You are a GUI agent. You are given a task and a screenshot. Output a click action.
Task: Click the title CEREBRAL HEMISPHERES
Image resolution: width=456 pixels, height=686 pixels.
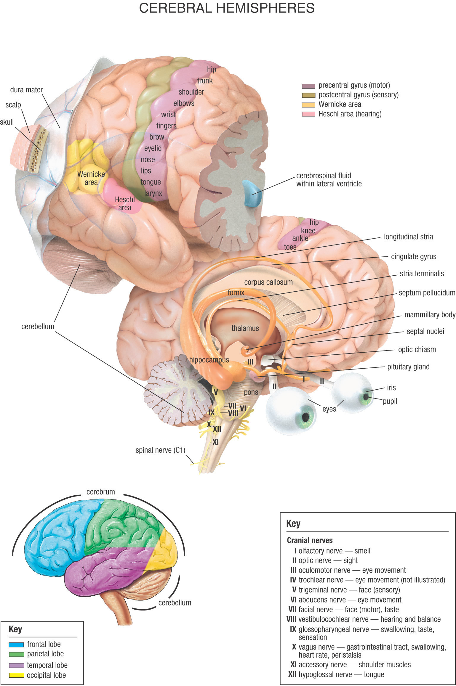tap(227, 8)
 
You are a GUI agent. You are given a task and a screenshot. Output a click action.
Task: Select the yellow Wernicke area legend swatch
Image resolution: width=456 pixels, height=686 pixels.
tap(308, 105)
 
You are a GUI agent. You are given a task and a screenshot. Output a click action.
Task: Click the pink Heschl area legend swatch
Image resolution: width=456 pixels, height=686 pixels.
tap(308, 114)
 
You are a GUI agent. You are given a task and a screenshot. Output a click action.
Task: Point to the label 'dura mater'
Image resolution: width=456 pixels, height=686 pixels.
tap(26, 90)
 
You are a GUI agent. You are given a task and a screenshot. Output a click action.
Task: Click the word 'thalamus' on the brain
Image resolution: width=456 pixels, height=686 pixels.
tap(245, 328)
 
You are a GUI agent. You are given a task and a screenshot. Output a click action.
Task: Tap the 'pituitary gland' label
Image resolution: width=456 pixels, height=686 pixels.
tap(408, 367)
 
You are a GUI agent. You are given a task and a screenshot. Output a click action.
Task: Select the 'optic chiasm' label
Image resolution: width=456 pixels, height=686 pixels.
tap(417, 350)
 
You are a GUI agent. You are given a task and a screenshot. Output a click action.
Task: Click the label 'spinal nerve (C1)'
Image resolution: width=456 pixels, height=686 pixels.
tap(160, 450)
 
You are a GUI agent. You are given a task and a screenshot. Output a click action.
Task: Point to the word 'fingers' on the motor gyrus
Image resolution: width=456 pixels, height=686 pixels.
tap(166, 126)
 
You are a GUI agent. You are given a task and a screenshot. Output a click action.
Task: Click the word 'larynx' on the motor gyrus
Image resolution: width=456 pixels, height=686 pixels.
tap(153, 193)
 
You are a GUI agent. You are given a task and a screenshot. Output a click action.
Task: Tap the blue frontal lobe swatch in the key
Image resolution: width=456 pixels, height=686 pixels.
tap(16, 645)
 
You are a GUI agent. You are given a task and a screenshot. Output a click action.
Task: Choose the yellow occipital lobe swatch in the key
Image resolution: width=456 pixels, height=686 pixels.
tap(16, 675)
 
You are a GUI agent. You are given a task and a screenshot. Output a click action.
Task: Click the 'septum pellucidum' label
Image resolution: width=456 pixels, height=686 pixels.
tap(427, 293)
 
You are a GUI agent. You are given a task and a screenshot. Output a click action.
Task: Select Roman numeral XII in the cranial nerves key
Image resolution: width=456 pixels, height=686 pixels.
tap(292, 674)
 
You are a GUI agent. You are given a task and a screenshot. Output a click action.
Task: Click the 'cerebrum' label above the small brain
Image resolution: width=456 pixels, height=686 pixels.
tap(101, 492)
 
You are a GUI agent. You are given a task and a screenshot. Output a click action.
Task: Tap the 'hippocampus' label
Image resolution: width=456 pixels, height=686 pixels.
tap(209, 360)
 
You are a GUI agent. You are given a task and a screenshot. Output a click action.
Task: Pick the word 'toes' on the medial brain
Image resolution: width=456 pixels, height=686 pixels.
tap(290, 247)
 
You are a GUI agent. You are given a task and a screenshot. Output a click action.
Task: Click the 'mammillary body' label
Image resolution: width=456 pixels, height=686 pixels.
tap(430, 315)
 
